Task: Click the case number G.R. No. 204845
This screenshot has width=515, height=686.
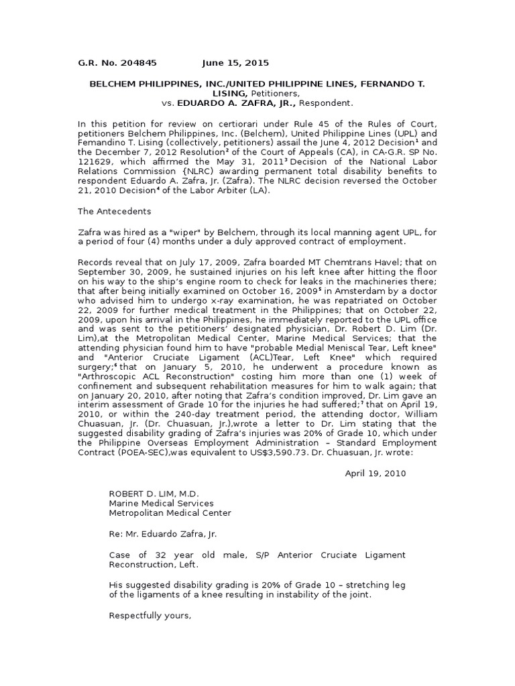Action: [x=117, y=63]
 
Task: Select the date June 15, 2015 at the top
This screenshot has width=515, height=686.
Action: [x=235, y=63]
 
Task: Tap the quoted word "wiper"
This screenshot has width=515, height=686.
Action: [x=185, y=232]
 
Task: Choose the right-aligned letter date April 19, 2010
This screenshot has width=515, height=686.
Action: [x=375, y=473]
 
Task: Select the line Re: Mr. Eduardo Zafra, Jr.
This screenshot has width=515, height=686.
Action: [x=163, y=534]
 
